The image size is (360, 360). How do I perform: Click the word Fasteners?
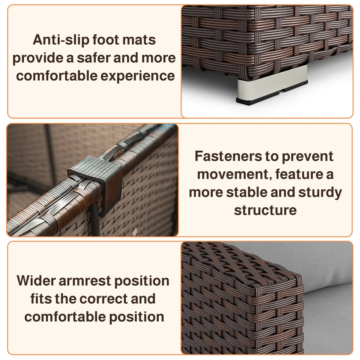[x=228, y=156]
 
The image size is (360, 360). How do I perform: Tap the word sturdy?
[x=320, y=193]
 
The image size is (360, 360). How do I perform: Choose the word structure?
[x=265, y=210]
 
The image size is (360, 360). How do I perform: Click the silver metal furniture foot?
[x=272, y=86]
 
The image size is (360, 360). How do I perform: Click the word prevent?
[x=307, y=157]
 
